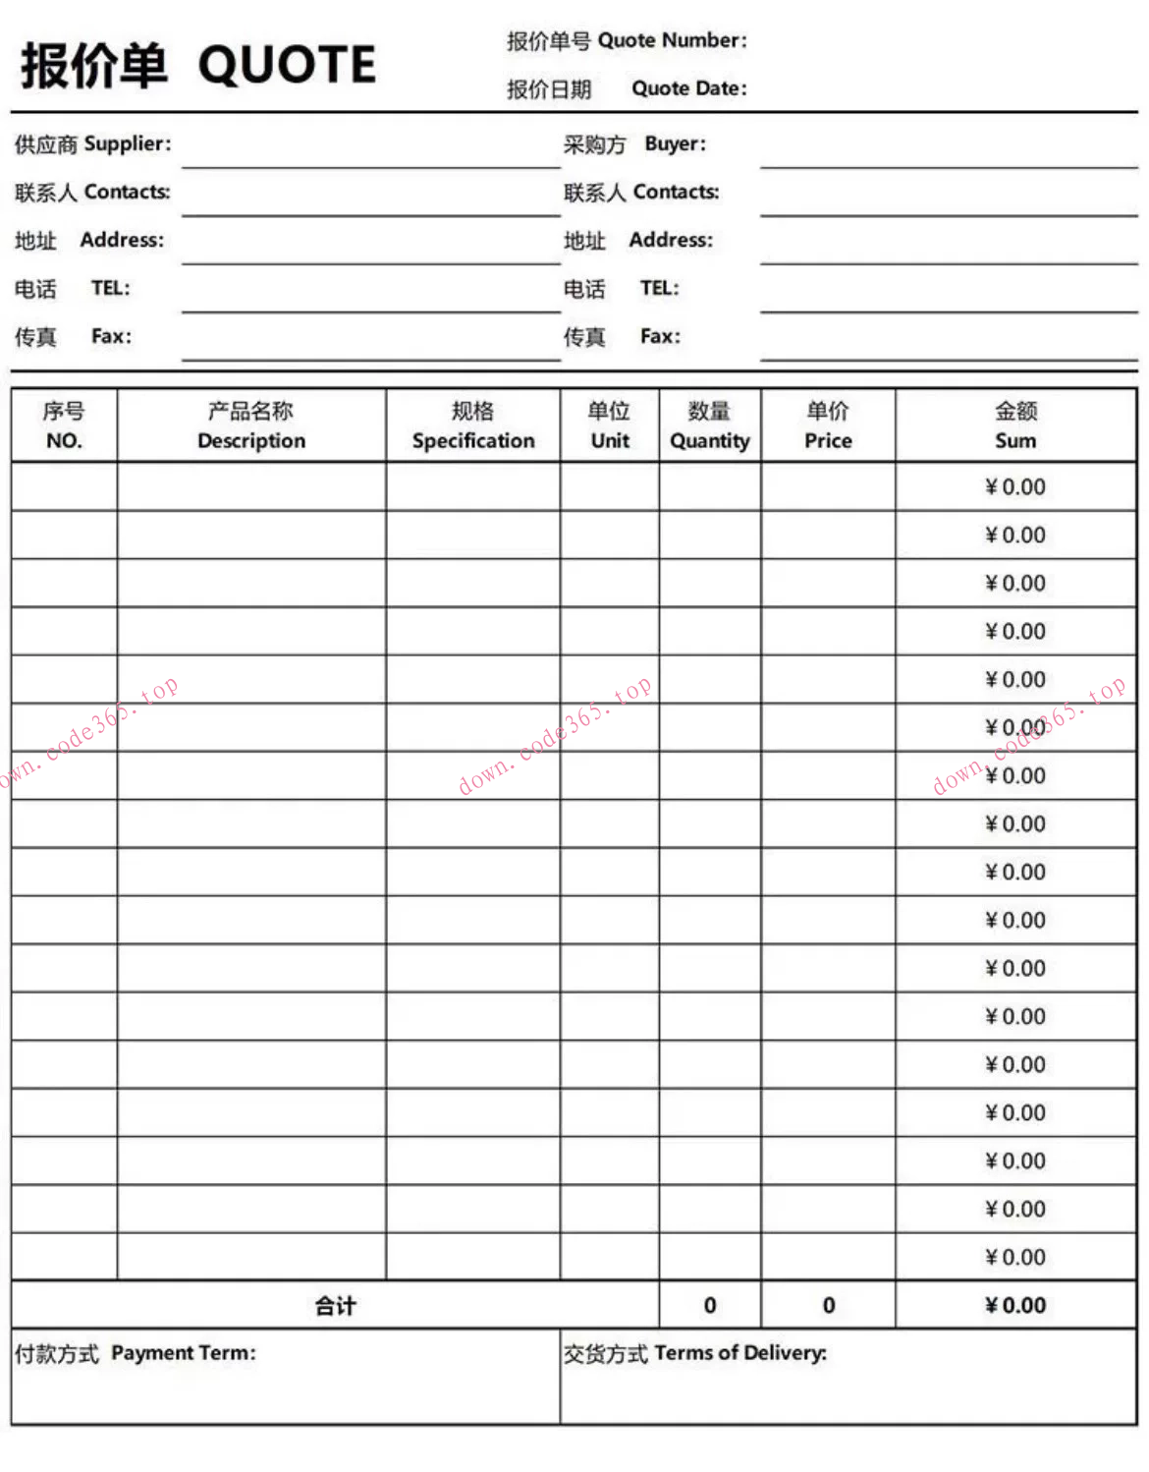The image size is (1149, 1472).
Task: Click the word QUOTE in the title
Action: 287,66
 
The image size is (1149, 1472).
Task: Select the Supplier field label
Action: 93,144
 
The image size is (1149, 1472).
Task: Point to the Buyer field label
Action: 634,144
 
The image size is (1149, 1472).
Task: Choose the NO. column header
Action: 64,425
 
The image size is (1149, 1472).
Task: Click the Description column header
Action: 251,425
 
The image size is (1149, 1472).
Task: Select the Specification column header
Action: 473,425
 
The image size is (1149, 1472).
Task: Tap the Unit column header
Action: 610,425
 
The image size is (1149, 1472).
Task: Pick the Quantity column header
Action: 710,425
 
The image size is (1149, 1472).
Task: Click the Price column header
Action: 828,425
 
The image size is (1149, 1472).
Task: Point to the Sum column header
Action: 1015,425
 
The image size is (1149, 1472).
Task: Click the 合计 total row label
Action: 335,1306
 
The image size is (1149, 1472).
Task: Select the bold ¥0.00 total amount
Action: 1015,1306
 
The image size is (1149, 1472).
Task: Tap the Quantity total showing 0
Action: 710,1306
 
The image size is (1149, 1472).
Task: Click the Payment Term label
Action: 136,1354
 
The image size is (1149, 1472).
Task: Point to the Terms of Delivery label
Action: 695,1354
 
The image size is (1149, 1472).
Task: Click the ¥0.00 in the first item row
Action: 1015,487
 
